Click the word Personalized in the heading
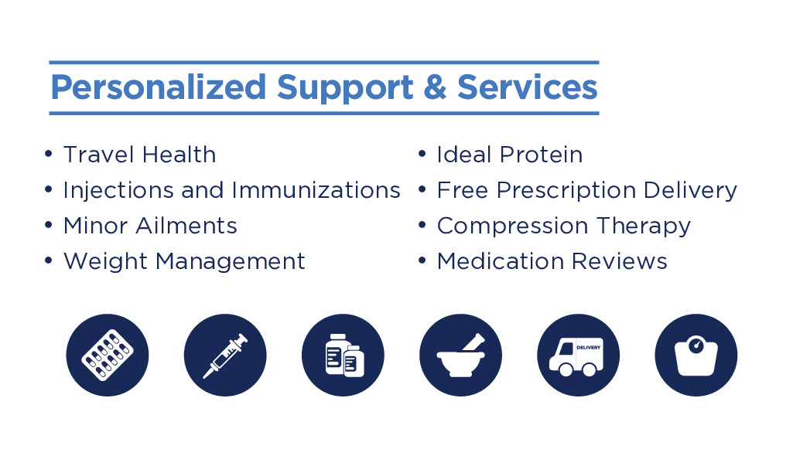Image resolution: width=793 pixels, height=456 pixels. coord(159,88)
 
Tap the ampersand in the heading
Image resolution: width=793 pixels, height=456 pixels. coord(435,87)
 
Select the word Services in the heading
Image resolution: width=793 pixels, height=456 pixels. coord(528,87)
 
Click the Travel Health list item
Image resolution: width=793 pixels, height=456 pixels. coord(139,155)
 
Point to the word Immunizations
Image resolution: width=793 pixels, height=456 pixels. coord(316,190)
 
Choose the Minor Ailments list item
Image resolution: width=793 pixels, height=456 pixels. coord(150,226)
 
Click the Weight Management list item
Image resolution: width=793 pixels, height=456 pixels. coord(184,261)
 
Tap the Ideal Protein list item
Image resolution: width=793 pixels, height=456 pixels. coord(510,155)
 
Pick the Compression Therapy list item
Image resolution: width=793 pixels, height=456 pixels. coord(564,226)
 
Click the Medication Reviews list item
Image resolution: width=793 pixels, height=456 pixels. coord(552,261)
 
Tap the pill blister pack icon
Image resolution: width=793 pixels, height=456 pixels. coord(108,355)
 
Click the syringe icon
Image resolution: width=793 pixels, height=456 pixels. coord(225,355)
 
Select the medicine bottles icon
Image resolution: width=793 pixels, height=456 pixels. coord(343,355)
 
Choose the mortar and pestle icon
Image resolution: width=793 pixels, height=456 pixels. coord(461,355)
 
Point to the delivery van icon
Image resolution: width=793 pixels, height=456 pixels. coord(579,355)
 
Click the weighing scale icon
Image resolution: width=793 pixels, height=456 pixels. coord(696,355)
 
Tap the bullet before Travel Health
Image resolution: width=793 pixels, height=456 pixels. coord(49,154)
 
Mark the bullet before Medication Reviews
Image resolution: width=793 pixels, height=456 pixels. coord(422,260)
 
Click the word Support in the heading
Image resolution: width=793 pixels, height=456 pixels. coord(345,88)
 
